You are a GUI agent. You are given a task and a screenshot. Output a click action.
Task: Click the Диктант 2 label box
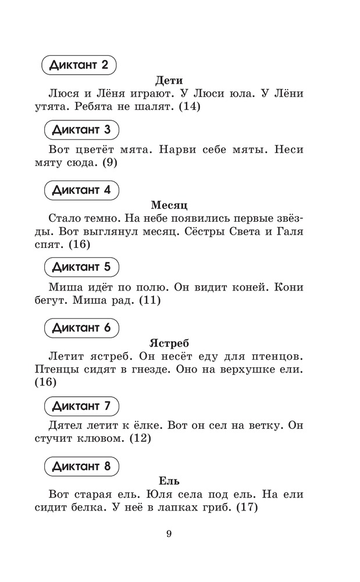[x=80, y=65]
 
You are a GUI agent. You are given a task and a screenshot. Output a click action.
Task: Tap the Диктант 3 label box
[x=81, y=129]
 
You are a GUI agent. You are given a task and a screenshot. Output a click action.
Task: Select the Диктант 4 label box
[x=81, y=190]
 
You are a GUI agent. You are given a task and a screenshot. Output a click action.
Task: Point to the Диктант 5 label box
[x=81, y=267]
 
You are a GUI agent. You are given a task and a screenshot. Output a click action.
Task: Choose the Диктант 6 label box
[x=81, y=328]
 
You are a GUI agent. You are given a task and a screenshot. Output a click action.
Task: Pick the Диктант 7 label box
[x=81, y=405]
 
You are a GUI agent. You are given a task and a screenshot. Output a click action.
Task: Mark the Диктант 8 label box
[x=81, y=466]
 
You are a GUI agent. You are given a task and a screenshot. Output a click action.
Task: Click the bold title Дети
[x=169, y=80]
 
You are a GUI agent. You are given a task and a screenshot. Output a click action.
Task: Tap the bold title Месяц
[x=169, y=205]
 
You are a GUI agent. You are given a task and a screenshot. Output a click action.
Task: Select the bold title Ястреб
[x=169, y=343]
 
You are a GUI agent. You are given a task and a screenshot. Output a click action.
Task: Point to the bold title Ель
[x=169, y=481]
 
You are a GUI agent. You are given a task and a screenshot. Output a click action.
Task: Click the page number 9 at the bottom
[x=169, y=535]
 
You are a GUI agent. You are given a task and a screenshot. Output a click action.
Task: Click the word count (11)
[x=148, y=301]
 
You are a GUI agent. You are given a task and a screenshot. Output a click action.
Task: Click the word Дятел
[x=64, y=425]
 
